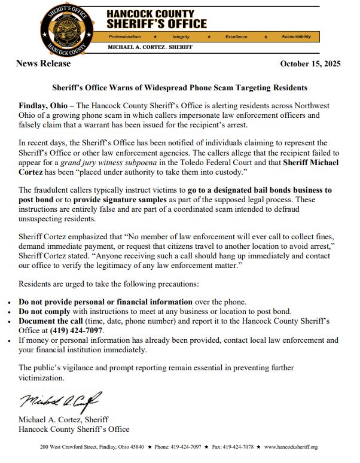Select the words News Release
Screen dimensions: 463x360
coord(43,63)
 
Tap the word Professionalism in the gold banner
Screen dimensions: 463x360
coord(124,37)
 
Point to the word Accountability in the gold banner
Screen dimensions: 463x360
coord(296,37)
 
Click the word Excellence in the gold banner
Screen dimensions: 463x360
coord(236,37)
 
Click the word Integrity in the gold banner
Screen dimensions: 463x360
coord(181,37)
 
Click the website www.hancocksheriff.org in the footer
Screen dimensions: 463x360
coord(291,447)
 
